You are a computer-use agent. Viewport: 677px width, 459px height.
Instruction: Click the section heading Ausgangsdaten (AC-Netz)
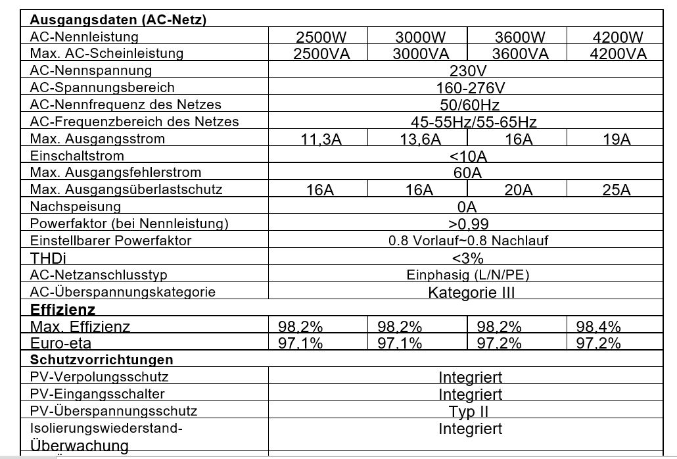tap(118, 20)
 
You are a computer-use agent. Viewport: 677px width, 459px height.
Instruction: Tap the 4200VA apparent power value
tap(618, 54)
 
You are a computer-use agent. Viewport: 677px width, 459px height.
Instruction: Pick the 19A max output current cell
tap(617, 139)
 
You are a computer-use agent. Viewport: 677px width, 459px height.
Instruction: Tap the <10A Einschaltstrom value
tap(468, 157)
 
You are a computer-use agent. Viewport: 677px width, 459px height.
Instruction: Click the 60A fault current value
tap(467, 174)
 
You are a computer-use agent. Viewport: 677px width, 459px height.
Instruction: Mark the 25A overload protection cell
tap(617, 191)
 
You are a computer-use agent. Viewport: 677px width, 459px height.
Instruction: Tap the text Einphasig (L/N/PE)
tap(468, 275)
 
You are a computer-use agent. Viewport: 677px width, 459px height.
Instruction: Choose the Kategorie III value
tap(471, 292)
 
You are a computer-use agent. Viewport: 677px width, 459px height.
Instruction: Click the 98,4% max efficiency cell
tap(598, 327)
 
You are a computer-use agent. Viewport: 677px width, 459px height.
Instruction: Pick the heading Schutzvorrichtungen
tap(102, 360)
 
